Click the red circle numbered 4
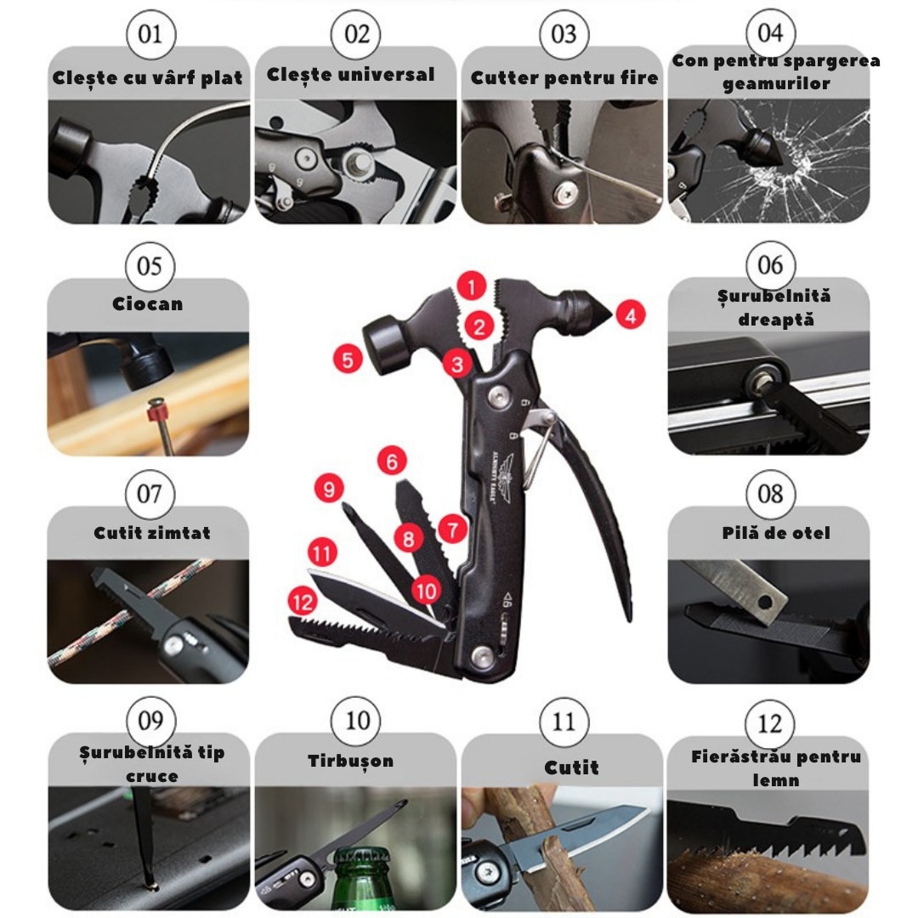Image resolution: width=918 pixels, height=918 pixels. (631, 315)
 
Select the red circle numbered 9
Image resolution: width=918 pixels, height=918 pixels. (329, 489)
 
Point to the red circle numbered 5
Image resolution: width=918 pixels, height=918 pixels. (348, 359)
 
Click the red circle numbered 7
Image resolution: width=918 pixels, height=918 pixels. (452, 530)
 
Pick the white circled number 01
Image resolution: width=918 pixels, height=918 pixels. (150, 34)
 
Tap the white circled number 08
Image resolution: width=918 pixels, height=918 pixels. (770, 494)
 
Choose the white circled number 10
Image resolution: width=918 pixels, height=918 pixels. (356, 721)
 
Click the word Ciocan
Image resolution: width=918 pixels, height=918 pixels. (148, 303)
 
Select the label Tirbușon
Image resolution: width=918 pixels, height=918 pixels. (351, 761)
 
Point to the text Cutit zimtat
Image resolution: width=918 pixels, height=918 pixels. (151, 533)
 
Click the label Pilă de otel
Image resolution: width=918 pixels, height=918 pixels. (776, 533)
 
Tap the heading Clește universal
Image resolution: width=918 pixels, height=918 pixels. (350, 74)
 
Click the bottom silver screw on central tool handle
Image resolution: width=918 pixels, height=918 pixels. (483, 657)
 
